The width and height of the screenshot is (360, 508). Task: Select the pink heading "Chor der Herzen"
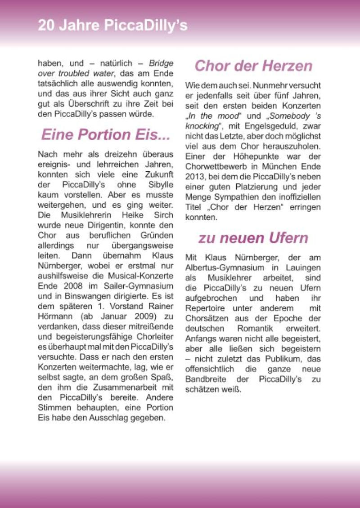pos(253,66)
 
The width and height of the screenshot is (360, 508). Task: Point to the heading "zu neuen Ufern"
pos(253,238)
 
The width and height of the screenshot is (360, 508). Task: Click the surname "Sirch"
pos(163,216)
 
